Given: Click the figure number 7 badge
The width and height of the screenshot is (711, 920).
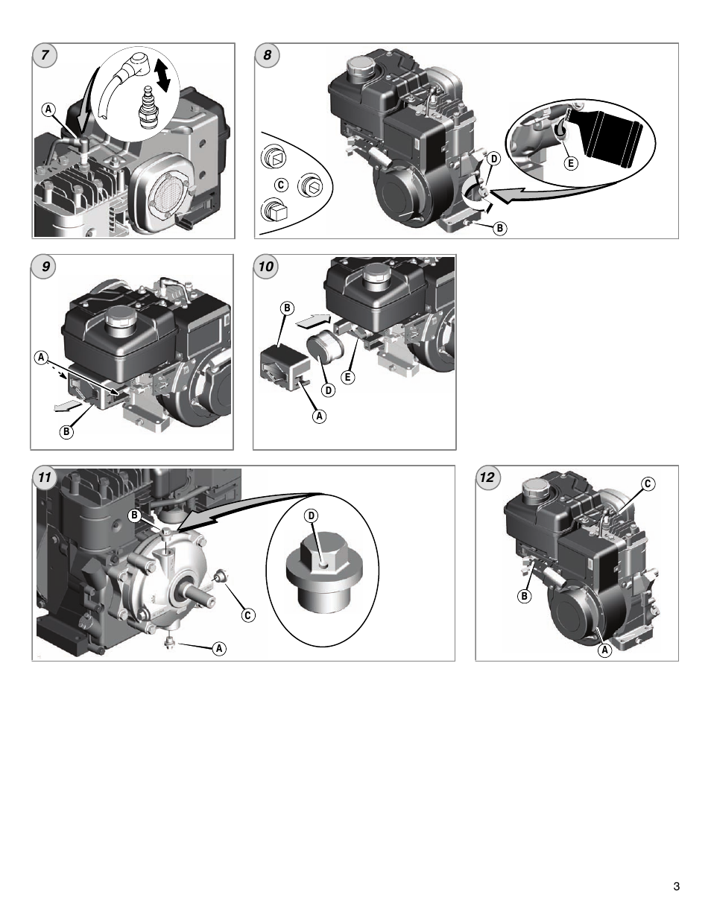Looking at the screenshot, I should tap(45, 56).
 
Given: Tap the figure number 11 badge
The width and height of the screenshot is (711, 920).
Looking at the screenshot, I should tap(45, 478).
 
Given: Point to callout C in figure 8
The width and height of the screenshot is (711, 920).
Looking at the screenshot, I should tap(281, 185).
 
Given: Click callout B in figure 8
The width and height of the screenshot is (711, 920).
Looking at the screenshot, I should tap(499, 229).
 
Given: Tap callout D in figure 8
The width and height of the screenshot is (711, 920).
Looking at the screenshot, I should tap(493, 158).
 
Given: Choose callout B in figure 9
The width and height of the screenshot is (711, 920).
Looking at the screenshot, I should tap(66, 431).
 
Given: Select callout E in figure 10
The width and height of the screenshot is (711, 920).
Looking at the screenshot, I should tap(347, 378).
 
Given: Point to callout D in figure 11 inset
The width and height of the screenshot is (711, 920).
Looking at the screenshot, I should tap(312, 516).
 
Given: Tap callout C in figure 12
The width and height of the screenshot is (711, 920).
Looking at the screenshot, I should tap(648, 484).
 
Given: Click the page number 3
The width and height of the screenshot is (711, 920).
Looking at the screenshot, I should tap(675, 886).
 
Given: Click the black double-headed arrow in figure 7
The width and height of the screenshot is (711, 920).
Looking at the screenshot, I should tap(168, 76).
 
